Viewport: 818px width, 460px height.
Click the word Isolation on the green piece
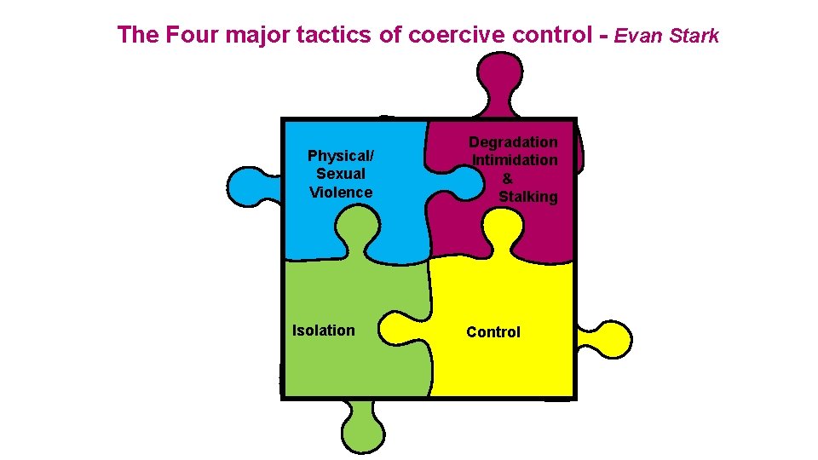324,331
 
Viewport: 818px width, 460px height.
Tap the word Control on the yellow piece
493,332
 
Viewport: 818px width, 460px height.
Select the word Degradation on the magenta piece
514,142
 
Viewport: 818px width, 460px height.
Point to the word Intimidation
516,160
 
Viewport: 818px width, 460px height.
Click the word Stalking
528,197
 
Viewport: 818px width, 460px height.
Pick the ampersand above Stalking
508,178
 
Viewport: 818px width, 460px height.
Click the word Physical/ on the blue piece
341,156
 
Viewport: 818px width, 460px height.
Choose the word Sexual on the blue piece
341,174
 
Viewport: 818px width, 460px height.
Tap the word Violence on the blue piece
341,193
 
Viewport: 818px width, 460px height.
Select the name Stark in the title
694,36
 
